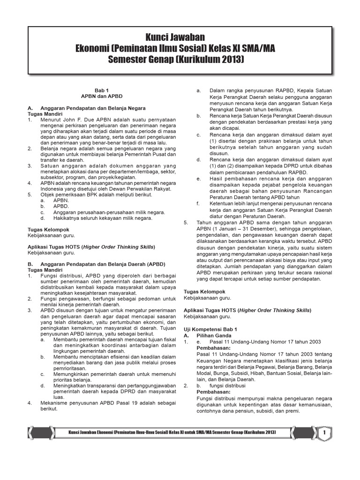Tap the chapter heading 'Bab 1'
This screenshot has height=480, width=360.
coord(101,90)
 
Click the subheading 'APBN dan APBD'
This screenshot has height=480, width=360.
coord(101,97)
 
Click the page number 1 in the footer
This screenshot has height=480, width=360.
coord(324,434)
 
